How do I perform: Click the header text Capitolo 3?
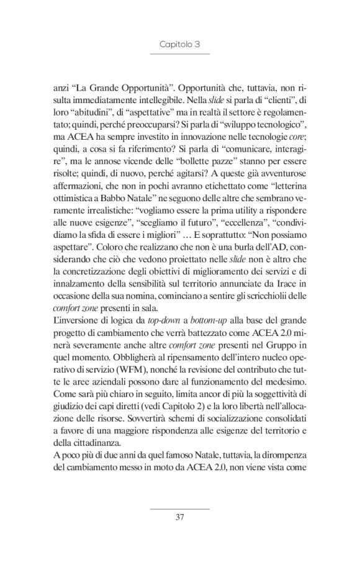[x=179, y=45]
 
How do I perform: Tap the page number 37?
[x=179, y=517]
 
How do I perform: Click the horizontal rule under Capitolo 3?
[x=179, y=55]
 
